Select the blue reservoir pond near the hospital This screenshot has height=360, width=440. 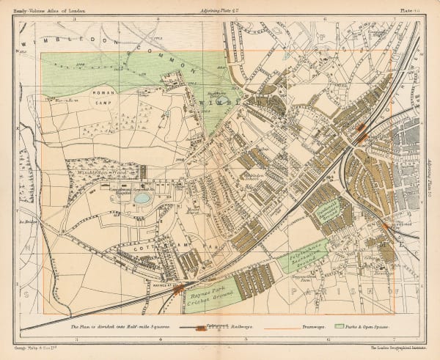[142, 198]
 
